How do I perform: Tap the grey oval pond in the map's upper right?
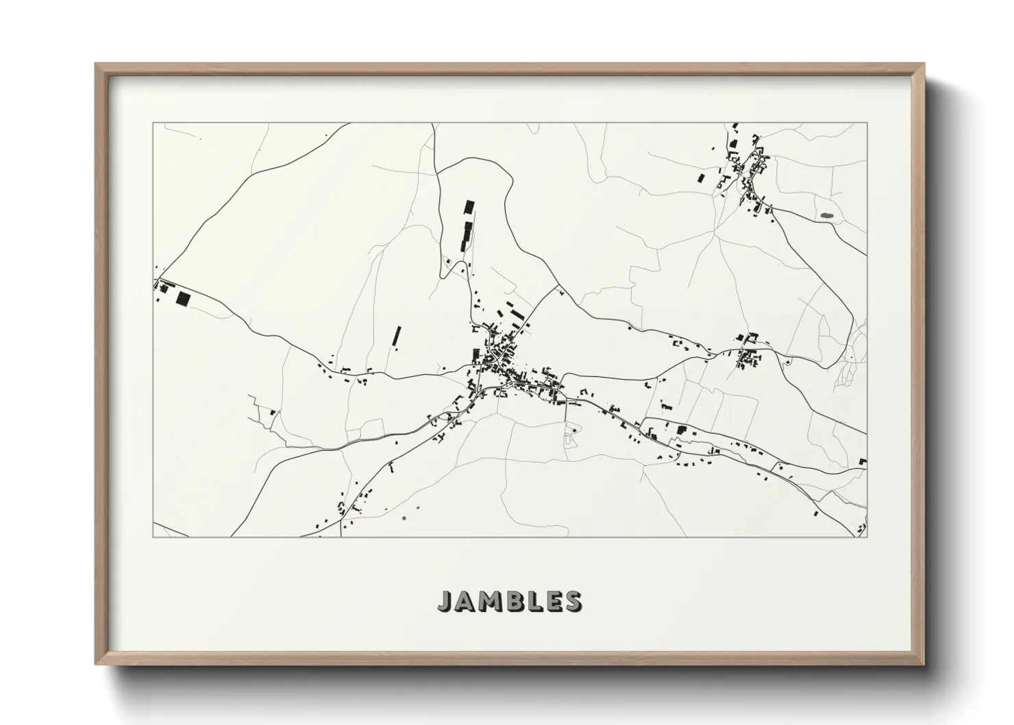(826, 216)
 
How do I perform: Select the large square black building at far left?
(183, 298)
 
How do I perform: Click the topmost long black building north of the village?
(469, 208)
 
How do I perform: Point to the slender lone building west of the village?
(396, 336)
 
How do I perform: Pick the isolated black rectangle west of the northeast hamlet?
(700, 178)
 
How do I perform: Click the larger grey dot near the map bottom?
(403, 517)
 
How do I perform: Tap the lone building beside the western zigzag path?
(273, 413)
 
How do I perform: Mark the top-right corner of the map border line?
(867, 123)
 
